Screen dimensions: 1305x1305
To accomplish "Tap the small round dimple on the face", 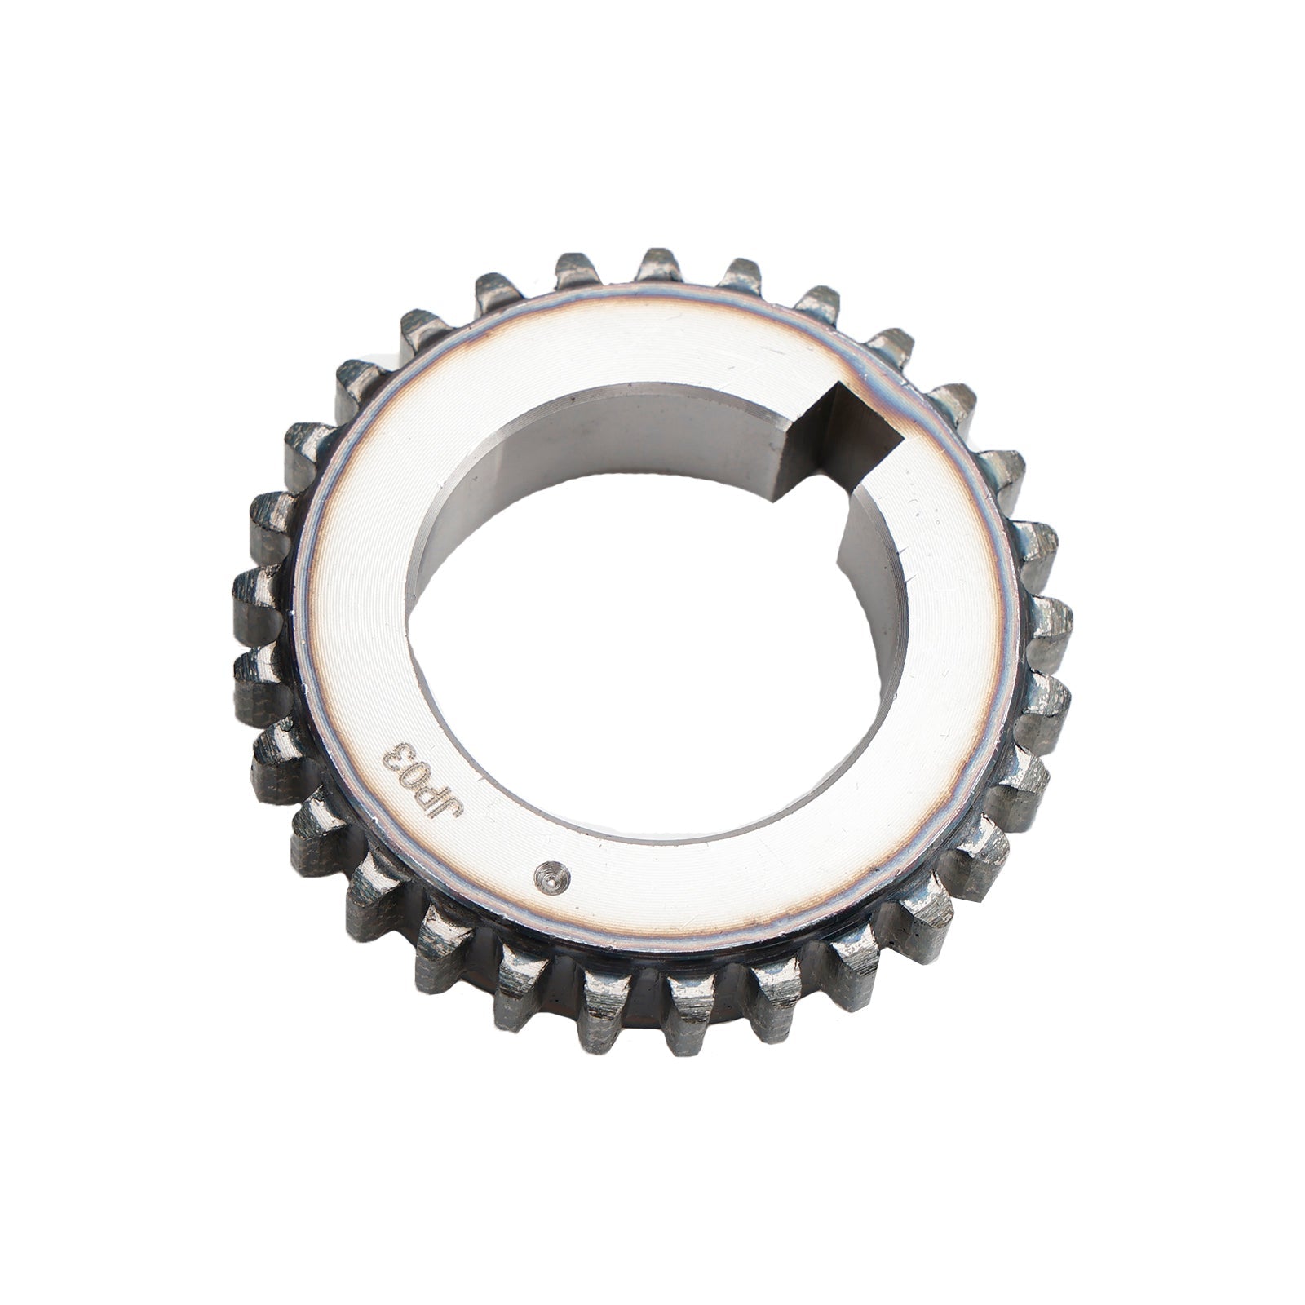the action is pyautogui.click(x=551, y=876).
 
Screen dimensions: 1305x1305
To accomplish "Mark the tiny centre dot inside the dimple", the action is pyautogui.click(x=551, y=877).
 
